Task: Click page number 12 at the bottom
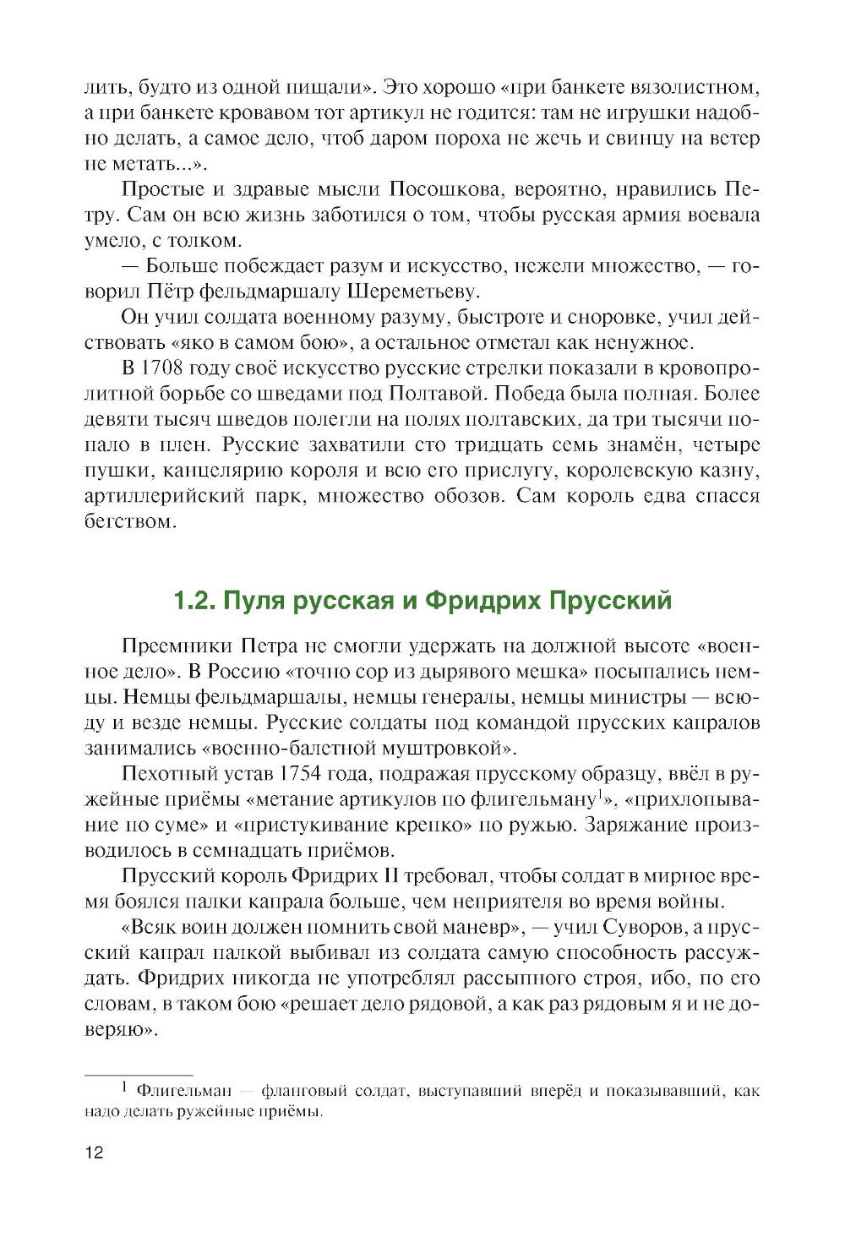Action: click(x=94, y=1153)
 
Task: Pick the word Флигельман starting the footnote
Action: click(x=179, y=1091)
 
